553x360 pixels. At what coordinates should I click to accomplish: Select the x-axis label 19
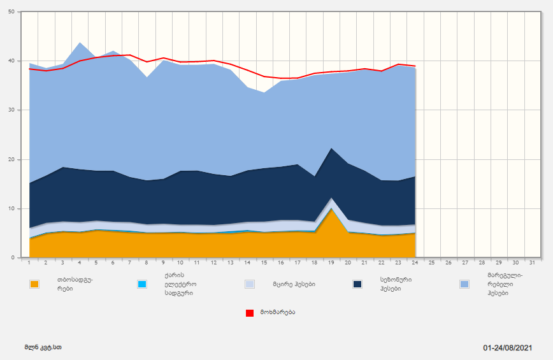coord(331,263)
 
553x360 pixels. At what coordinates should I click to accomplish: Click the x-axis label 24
coord(415,263)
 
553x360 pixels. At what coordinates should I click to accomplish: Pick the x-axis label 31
coord(533,263)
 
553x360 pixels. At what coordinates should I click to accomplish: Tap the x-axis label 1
coord(29,263)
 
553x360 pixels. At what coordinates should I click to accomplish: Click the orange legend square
coord(34,284)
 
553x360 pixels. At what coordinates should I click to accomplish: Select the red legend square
coord(250,313)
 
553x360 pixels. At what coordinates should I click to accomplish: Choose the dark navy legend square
coord(357,284)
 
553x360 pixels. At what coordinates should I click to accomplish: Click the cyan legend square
coord(142,284)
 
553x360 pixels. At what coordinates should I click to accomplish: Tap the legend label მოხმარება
coord(277,312)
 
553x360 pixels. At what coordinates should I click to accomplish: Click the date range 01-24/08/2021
coord(507,348)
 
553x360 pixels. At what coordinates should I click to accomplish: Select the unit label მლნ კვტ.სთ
coord(43,348)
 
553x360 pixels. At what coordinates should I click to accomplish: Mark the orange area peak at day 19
coord(331,209)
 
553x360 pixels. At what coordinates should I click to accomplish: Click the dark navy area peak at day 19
coord(331,148)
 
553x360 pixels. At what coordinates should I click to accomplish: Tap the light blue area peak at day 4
coord(80,43)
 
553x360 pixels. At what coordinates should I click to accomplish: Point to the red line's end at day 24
coord(415,66)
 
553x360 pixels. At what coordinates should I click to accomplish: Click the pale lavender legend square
coord(250,284)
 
